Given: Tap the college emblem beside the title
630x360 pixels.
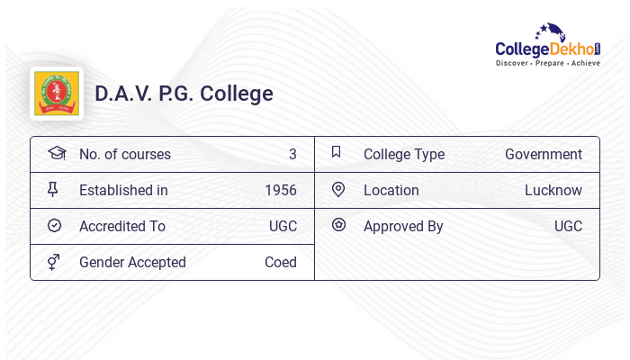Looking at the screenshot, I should tap(56, 94).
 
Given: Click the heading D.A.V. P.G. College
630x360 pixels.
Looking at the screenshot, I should tap(184, 94).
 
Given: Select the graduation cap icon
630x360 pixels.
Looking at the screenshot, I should tap(56, 153).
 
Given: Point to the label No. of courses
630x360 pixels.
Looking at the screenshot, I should tap(124, 155).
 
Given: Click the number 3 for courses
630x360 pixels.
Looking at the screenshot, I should tap(292, 155).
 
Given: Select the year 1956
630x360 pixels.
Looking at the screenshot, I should tap(281, 191).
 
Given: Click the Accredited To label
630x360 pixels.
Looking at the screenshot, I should tap(121, 227).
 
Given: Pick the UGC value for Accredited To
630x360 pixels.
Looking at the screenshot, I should tap(283, 227).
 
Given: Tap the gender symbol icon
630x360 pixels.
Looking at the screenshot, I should tap(55, 262).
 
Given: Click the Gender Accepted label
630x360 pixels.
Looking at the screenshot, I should tap(132, 263).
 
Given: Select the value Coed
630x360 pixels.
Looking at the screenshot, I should tap(280, 263).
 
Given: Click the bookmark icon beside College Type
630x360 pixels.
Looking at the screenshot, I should tap(337, 153).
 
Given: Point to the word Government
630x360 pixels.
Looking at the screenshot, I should tap(543, 155).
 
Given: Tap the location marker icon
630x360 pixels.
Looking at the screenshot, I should tap(338, 190).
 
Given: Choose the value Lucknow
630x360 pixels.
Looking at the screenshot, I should tap(553, 191).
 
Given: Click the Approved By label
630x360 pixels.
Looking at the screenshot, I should tap(403, 227).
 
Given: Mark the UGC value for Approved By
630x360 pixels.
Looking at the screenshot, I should tap(568, 227).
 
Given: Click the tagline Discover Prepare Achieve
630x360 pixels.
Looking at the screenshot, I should tap(547, 64).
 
